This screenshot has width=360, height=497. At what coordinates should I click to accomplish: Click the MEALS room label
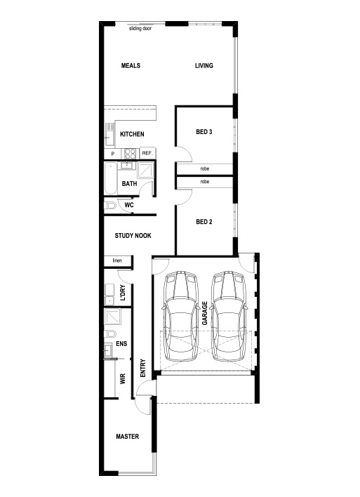131,65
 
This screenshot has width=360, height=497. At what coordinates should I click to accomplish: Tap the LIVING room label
204,65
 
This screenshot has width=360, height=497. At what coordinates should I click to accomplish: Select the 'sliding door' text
140,29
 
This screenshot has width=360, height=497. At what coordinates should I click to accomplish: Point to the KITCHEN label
132,134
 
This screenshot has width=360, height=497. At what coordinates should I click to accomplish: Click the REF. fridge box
147,153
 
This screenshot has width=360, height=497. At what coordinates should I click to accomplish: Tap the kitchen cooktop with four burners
131,154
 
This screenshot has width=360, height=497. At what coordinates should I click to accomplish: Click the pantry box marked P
112,154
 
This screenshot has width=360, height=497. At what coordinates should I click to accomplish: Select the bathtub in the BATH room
111,178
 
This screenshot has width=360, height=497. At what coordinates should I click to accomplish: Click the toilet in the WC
109,206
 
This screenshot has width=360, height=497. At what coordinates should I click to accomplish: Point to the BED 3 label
204,131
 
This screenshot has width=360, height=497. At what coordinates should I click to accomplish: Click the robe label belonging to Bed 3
205,168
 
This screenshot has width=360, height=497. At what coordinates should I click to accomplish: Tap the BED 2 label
204,222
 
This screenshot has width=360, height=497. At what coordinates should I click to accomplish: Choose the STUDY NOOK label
133,235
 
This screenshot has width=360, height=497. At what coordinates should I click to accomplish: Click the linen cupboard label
117,260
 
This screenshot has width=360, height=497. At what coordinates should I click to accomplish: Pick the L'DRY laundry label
123,293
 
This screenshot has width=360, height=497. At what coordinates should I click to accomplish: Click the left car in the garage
180,316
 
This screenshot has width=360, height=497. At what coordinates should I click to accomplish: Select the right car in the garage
229,316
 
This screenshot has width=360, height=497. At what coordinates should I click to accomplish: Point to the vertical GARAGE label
205,313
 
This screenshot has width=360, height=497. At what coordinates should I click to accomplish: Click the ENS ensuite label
121,343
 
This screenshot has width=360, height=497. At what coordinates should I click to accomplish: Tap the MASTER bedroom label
128,437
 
